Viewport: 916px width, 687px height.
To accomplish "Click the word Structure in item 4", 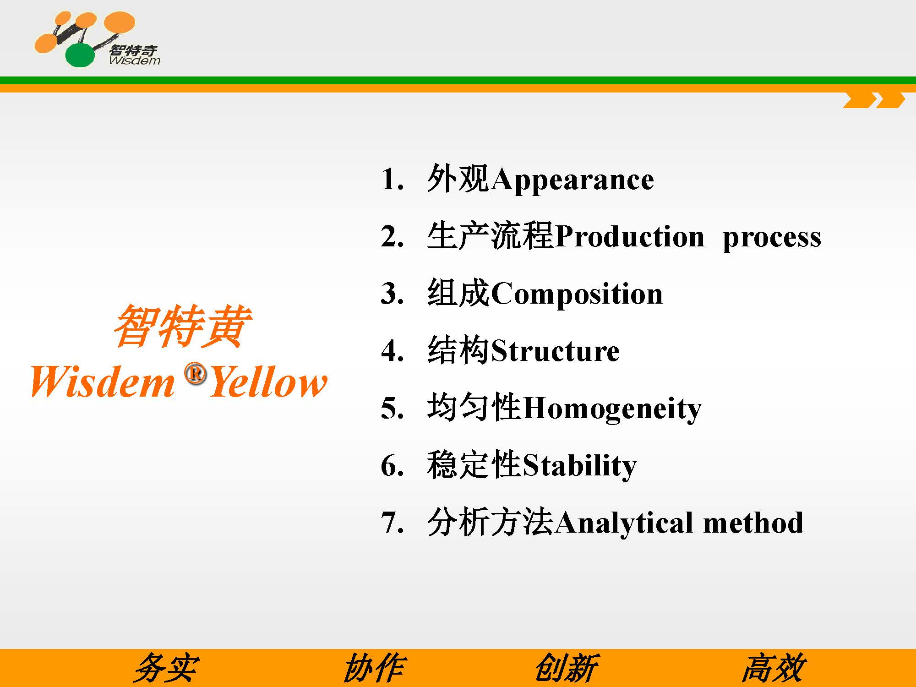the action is (x=555, y=351).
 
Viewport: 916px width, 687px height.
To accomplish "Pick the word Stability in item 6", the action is (x=579, y=466).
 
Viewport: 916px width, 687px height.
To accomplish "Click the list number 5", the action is (x=392, y=408).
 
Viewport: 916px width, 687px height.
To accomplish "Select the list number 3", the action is (x=392, y=294).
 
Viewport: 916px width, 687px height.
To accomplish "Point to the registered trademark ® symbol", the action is (x=196, y=374).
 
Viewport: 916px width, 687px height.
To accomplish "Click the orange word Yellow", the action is (x=268, y=381).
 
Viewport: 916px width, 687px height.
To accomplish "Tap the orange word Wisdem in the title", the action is (x=103, y=381).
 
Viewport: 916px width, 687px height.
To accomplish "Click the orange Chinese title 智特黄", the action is (x=182, y=326).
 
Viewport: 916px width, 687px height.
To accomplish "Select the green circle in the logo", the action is (x=80, y=55).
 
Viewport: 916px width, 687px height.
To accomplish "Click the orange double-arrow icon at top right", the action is (x=874, y=100).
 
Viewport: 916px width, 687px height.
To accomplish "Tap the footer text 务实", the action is (x=166, y=668).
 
